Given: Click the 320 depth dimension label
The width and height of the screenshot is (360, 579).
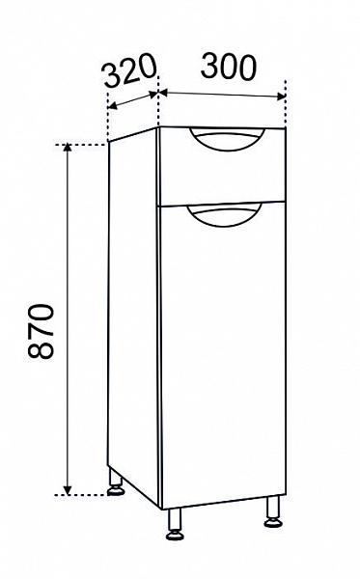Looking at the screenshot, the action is [129, 70].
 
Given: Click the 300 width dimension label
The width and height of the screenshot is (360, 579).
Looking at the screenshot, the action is [228, 67].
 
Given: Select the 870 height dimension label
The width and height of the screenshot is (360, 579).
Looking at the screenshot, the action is [41, 331].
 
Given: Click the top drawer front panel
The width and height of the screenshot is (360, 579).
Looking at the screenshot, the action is [222, 165].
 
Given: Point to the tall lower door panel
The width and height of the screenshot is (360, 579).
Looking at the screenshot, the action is [223, 354].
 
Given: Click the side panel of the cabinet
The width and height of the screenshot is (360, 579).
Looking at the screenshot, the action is [133, 317].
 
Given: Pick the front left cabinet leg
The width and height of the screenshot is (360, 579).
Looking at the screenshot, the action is [175, 524].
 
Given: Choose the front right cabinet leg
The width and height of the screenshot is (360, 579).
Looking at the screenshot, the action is [273, 511].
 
